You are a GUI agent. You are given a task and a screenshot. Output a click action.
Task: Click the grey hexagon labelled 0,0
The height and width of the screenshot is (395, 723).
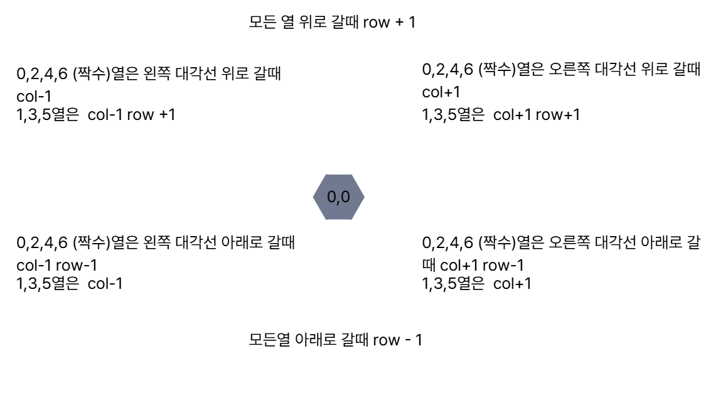(x=338, y=197)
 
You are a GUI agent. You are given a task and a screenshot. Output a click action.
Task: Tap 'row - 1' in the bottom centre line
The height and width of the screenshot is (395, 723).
(x=397, y=341)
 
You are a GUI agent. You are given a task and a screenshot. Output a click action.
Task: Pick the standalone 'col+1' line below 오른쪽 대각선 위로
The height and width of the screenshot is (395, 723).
(x=442, y=93)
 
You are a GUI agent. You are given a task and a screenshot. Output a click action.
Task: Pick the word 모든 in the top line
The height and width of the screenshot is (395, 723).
(x=263, y=24)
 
